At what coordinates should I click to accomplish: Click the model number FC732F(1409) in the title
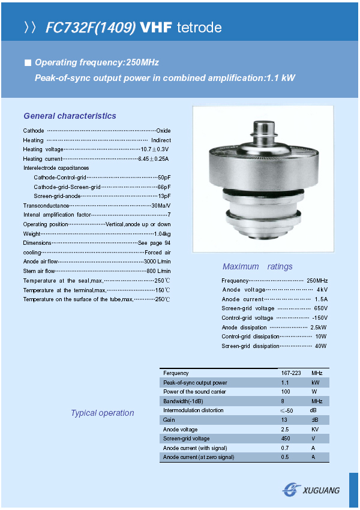coord(91,28)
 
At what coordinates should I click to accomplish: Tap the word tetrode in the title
coord(200,28)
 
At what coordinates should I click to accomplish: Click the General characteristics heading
coord(70,116)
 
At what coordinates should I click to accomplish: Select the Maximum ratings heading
coord(257,266)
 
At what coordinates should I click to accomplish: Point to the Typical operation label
coord(102,413)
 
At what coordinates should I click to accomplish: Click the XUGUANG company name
coord(322,490)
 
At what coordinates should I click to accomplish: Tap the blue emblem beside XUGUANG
coord(292,490)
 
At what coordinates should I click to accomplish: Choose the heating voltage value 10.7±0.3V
coord(155,149)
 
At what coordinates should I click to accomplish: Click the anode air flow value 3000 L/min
coord(157,262)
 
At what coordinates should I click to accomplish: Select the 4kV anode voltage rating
coord(322,290)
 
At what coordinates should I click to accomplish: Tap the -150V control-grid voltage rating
coord(320,317)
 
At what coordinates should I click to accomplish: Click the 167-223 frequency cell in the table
coord(291,373)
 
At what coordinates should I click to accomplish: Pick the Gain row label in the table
coord(169,420)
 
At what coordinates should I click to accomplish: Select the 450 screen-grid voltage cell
coord(286,439)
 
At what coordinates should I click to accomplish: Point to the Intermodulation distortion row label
coord(193,410)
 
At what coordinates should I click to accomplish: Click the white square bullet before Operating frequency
coord(27,62)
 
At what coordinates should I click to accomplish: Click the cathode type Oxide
coord(163,131)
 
